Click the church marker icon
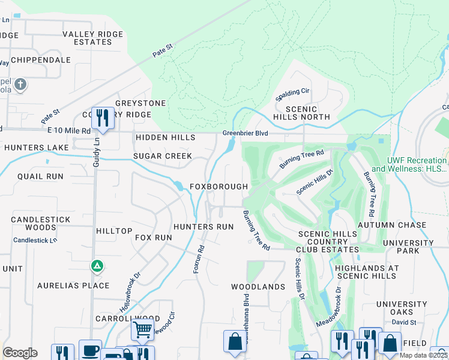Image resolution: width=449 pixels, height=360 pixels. click(x=20, y=85)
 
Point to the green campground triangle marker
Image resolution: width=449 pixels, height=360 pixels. click(x=96, y=265)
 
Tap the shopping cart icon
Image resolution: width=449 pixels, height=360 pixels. click(x=142, y=329)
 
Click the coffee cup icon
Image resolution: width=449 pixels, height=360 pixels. click(x=91, y=350)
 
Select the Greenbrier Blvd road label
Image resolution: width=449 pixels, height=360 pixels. click(x=245, y=133)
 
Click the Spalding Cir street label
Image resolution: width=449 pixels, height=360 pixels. click(x=292, y=94)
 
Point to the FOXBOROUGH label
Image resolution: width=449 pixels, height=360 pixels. click(x=218, y=187)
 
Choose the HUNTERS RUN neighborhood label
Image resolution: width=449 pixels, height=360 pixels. click(x=203, y=227)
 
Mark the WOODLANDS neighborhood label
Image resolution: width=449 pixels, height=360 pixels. click(x=258, y=287)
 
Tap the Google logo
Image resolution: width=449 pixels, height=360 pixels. click(x=20, y=353)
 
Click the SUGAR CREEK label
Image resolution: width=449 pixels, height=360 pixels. click(x=163, y=156)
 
